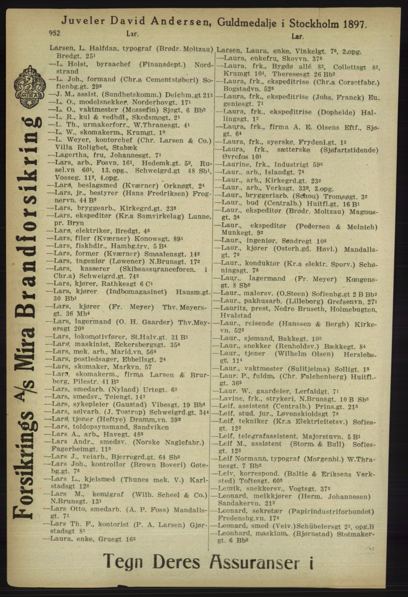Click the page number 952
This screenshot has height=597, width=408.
coord(55,34)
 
